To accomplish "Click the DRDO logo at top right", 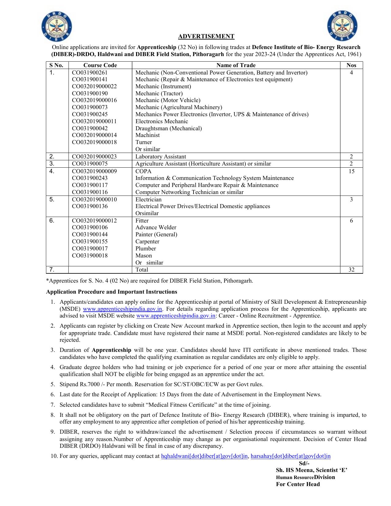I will (342, 26).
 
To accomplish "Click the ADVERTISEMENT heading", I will (206, 36).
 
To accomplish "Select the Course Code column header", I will (100, 65).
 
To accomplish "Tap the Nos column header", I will (351, 65).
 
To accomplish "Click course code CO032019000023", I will (94, 157).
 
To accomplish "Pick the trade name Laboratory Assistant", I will (160, 157).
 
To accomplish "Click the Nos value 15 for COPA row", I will (351, 171).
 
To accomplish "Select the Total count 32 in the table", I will (351, 270).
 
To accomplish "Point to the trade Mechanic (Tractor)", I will (159, 93).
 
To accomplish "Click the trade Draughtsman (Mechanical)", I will (168, 128).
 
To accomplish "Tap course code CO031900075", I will (90, 164).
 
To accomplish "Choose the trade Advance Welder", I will (156, 227).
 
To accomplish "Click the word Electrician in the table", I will (148, 200).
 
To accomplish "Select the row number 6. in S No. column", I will (52, 221).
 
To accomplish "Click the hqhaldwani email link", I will (204, 456).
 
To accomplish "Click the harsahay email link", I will (290, 456).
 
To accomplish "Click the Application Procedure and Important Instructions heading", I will (111, 292).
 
